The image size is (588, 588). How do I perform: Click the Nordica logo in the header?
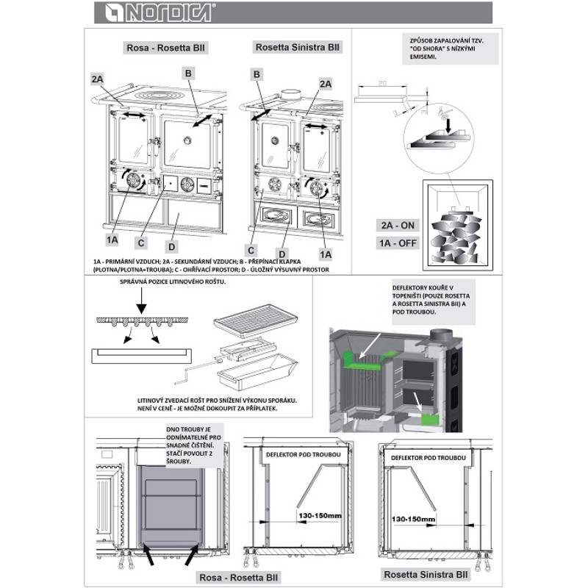[155, 12]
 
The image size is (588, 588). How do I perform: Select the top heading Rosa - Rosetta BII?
[165, 49]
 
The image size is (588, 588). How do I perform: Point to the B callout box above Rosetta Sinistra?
[257, 74]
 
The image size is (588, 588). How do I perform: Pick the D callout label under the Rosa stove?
[172, 245]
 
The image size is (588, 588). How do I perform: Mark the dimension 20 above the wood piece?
[382, 85]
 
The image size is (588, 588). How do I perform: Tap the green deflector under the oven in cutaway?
[428, 420]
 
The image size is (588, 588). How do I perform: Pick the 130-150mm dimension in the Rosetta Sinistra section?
[414, 520]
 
